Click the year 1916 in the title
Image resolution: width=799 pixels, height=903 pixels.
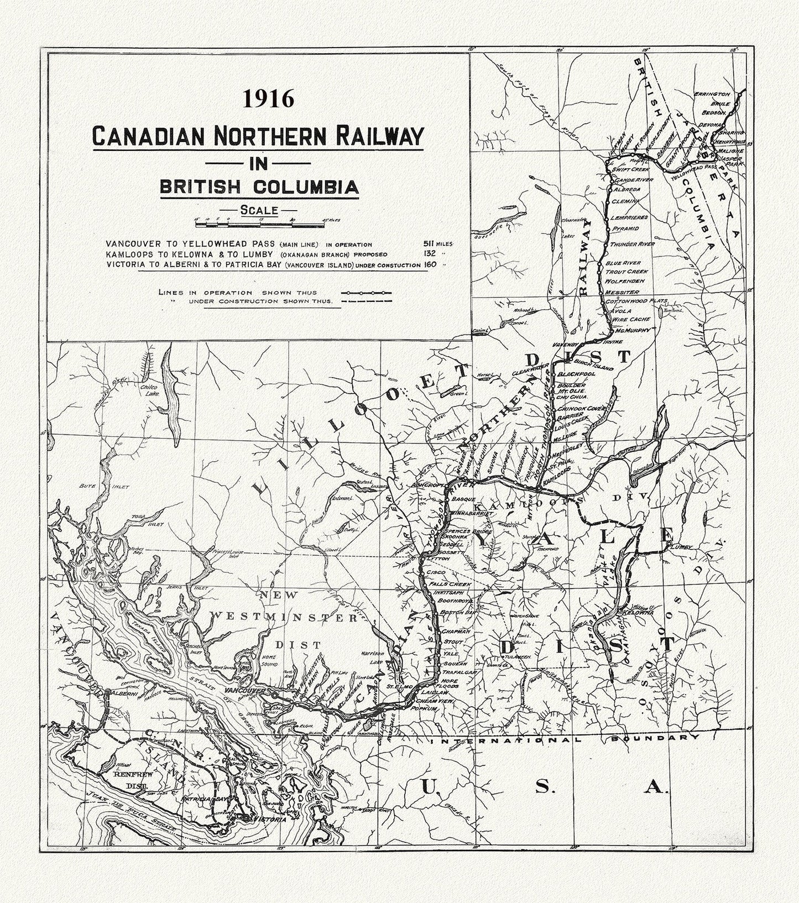(268, 99)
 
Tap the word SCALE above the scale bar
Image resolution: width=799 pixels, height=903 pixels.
(258, 210)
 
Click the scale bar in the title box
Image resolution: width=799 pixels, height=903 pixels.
(260, 224)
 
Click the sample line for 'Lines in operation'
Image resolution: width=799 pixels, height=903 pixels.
(366, 292)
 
